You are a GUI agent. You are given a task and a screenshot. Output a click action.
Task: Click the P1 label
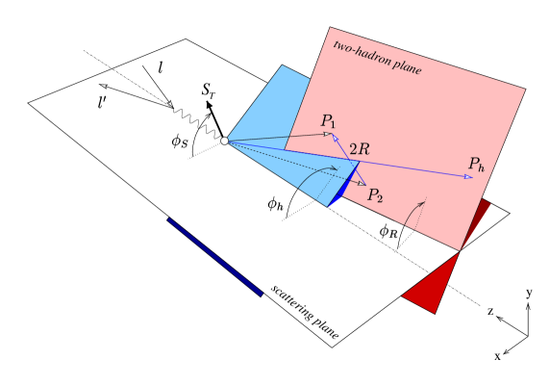(329, 121)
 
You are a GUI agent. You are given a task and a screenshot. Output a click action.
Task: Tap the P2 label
(375, 195)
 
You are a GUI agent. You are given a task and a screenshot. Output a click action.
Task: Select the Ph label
(476, 165)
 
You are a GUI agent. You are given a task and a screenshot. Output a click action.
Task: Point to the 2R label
(358, 149)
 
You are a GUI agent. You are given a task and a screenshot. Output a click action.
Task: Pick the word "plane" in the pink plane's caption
(407, 68)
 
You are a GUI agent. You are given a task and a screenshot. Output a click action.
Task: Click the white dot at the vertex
(224, 141)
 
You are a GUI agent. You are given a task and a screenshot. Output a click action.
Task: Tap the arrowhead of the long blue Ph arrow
(468, 177)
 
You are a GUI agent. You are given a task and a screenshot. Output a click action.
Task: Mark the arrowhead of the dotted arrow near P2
(362, 183)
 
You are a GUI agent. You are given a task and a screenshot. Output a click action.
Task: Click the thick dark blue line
(214, 257)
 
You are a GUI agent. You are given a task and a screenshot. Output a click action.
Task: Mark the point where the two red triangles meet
(460, 251)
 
